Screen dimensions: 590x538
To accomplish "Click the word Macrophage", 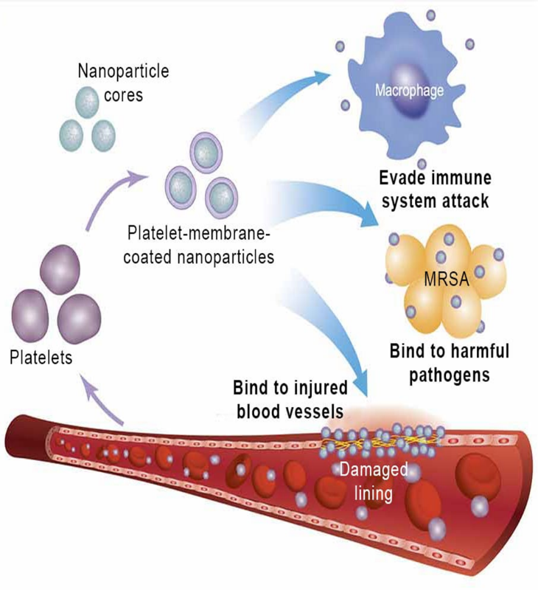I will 409,92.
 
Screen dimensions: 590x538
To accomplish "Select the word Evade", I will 404,179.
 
